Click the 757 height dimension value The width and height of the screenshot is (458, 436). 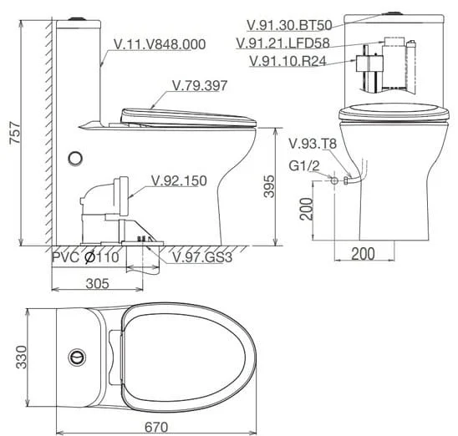(x=15, y=133)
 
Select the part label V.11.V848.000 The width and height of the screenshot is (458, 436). (x=160, y=44)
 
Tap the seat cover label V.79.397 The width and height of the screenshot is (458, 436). (x=200, y=85)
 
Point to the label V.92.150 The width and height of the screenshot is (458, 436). (x=179, y=181)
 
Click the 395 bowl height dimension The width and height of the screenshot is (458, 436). (x=269, y=186)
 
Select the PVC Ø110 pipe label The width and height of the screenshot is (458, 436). (x=85, y=257)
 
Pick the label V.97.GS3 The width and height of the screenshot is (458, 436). (x=202, y=257)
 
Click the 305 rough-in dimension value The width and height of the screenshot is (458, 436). (x=98, y=283)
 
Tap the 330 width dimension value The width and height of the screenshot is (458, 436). (x=22, y=357)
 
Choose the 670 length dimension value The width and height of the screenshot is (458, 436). (x=156, y=428)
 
